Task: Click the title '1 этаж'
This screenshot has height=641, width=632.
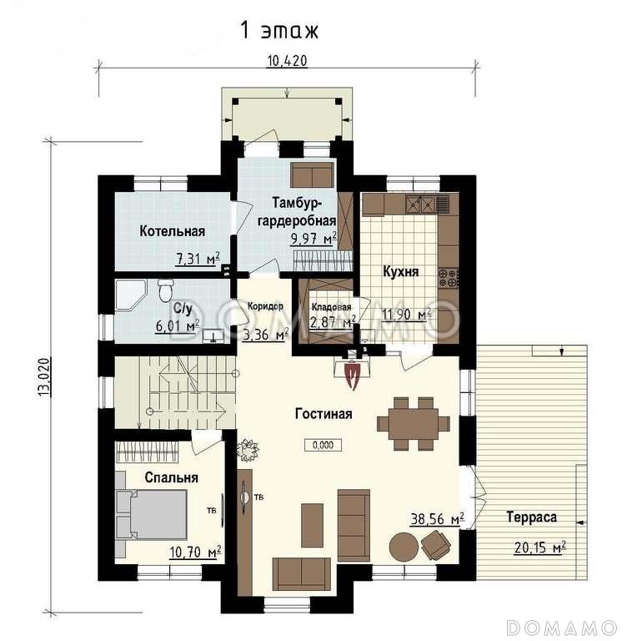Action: [279, 30]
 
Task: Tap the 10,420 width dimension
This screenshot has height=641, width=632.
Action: [287, 61]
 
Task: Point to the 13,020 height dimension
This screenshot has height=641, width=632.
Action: [44, 377]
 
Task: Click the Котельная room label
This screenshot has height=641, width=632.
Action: [172, 231]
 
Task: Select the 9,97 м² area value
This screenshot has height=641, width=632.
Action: [313, 238]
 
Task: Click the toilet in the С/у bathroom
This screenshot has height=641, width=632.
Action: [165, 289]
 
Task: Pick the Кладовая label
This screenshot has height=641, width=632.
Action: [331, 307]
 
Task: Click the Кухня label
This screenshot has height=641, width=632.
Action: [400, 272]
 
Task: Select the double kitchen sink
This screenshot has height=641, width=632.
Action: [420, 203]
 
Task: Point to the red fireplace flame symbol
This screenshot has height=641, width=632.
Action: [352, 376]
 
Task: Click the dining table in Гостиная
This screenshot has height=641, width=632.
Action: [414, 423]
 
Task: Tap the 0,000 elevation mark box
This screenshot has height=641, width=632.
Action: [323, 445]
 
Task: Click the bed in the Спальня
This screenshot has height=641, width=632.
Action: [152, 515]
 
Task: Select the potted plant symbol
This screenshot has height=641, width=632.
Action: [248, 450]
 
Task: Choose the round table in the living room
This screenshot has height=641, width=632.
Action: [404, 548]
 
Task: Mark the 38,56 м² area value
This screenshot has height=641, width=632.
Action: [437, 520]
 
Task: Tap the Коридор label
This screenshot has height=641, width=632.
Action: [265, 306]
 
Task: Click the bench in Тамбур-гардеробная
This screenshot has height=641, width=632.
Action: [313, 175]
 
